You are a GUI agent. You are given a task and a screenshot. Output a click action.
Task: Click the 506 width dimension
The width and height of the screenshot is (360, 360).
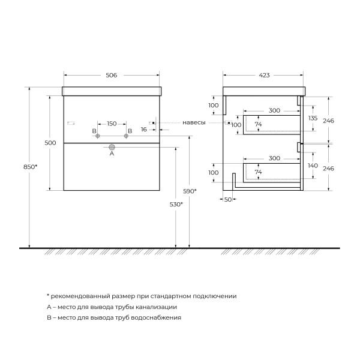(x=111, y=75)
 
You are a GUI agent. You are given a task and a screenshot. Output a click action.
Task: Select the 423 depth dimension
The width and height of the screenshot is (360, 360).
(x=264, y=75)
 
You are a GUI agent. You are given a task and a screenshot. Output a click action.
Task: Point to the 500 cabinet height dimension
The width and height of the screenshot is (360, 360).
(x=50, y=142)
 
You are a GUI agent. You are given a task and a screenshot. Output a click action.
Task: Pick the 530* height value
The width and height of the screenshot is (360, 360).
(x=176, y=205)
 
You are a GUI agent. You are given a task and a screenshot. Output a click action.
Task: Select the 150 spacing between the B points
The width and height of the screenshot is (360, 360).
(x=111, y=124)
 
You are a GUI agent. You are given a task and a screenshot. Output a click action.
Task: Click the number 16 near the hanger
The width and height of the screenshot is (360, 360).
(x=144, y=129)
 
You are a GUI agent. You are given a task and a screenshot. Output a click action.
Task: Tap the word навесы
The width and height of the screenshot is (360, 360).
(x=194, y=122)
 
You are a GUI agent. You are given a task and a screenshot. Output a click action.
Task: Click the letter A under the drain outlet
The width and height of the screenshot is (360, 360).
(x=111, y=154)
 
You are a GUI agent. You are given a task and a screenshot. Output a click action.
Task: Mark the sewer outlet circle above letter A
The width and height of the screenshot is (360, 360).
(x=112, y=146)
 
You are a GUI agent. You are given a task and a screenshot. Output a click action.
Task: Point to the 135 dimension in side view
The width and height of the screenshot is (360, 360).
(x=313, y=119)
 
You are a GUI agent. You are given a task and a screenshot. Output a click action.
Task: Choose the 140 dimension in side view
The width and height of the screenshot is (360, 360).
(x=313, y=165)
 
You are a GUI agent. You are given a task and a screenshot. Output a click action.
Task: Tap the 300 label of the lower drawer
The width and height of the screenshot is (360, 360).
(x=274, y=158)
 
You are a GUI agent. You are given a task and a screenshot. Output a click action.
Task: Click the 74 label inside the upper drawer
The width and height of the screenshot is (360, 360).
(x=259, y=125)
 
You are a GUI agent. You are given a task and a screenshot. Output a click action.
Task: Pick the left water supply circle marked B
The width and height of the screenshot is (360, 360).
(x=97, y=137)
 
